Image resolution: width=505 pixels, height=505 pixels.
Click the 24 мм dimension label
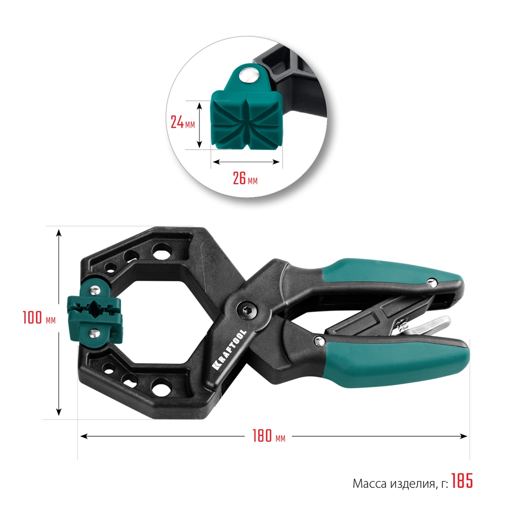[x=182, y=123]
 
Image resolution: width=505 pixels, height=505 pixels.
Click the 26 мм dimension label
[x=245, y=178]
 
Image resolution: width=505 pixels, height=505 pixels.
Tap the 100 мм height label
[x=38, y=319]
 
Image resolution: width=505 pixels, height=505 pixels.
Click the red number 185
[x=462, y=481]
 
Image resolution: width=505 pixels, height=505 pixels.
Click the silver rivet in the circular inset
[x=248, y=76]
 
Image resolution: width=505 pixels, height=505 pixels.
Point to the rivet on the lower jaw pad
[x=94, y=333]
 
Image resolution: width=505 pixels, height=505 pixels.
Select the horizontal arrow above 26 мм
[x=245, y=162]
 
